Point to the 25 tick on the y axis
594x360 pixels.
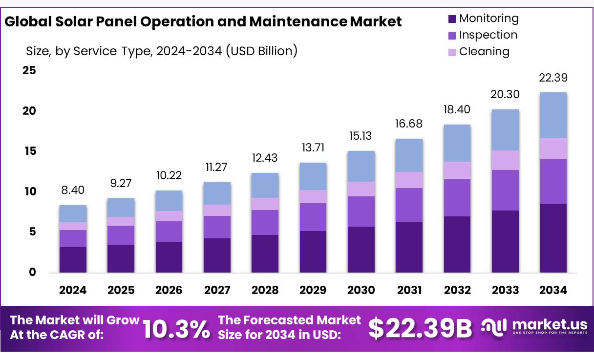point(29,70)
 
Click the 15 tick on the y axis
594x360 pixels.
point(29,151)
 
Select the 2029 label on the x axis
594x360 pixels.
point(313,290)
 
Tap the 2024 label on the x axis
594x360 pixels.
point(73,290)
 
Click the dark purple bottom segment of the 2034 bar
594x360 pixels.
point(553,238)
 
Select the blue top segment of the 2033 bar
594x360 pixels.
point(506,130)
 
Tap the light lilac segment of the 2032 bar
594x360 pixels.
point(457,170)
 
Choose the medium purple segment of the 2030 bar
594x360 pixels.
point(361,212)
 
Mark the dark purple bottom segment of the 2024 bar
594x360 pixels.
point(73,260)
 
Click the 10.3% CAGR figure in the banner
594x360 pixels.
point(176,329)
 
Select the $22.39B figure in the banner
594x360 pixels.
point(420,328)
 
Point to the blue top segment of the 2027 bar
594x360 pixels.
point(217,193)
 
